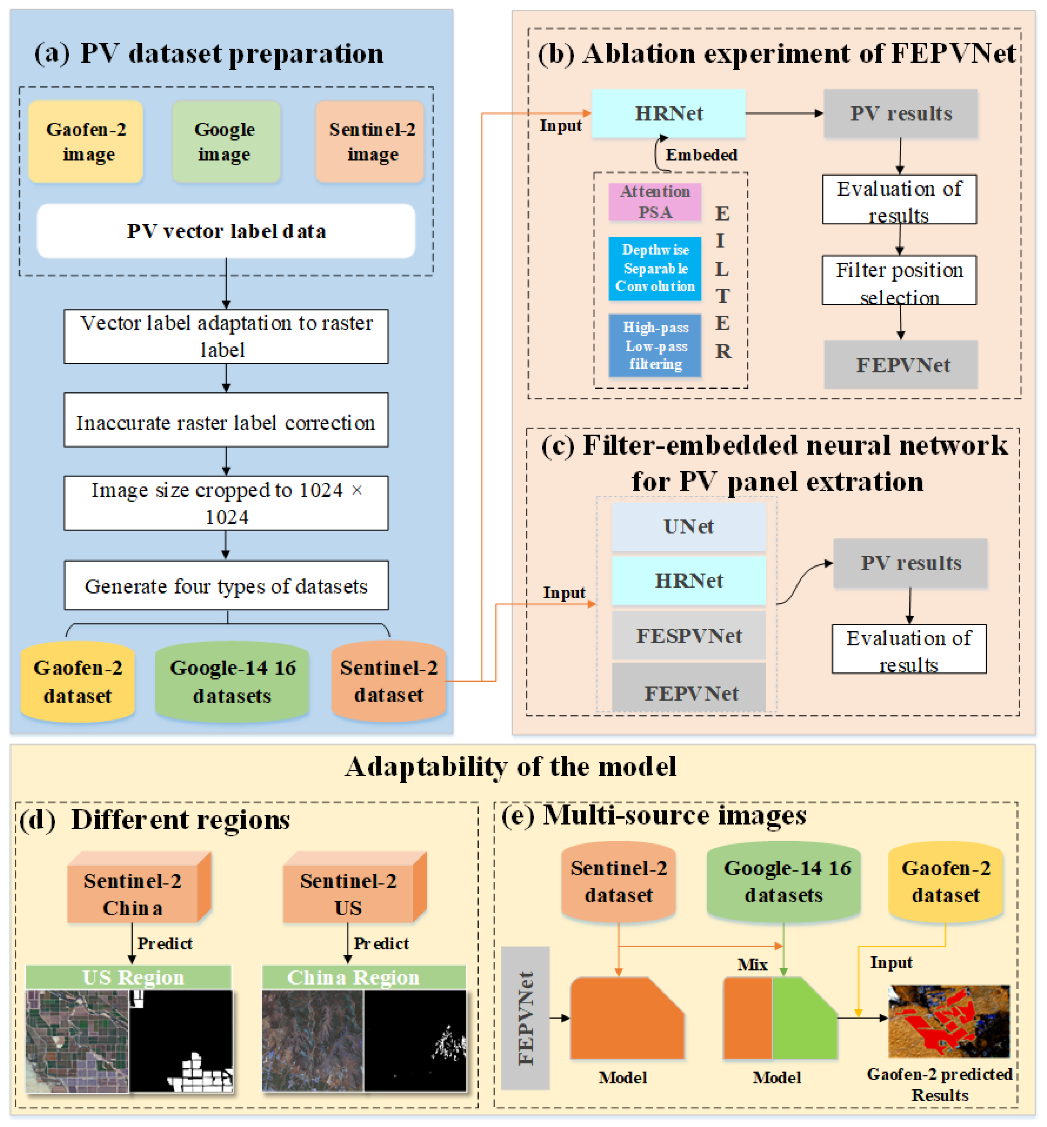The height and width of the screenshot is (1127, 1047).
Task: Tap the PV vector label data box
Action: click(x=226, y=231)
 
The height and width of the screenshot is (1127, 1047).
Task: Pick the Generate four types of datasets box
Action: click(x=226, y=585)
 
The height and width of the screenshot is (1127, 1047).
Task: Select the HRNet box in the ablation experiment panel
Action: click(x=668, y=113)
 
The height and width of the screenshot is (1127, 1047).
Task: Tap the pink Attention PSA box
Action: click(x=655, y=202)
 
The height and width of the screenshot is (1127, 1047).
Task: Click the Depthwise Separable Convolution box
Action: click(x=655, y=268)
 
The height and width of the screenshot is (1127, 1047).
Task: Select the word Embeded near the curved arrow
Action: click(x=701, y=155)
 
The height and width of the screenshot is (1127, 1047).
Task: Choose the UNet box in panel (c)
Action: click(x=688, y=526)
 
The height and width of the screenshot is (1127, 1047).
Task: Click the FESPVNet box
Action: click(x=688, y=636)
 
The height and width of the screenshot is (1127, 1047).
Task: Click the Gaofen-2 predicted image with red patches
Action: click(x=949, y=1021)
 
